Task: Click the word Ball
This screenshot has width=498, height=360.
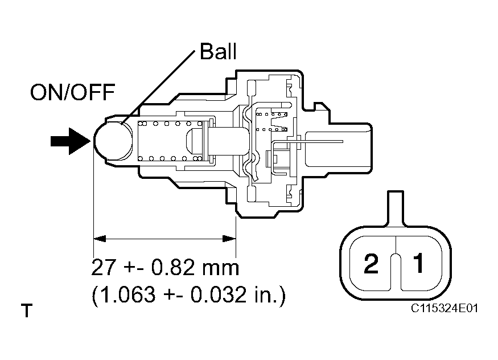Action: (217, 53)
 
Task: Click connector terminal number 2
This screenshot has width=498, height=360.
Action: (371, 264)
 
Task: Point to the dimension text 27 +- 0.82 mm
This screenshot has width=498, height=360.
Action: (165, 268)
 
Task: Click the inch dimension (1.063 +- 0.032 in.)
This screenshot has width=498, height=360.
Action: (188, 296)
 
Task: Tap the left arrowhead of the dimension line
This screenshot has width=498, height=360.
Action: (100, 238)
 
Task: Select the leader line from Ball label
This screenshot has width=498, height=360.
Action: (159, 85)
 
